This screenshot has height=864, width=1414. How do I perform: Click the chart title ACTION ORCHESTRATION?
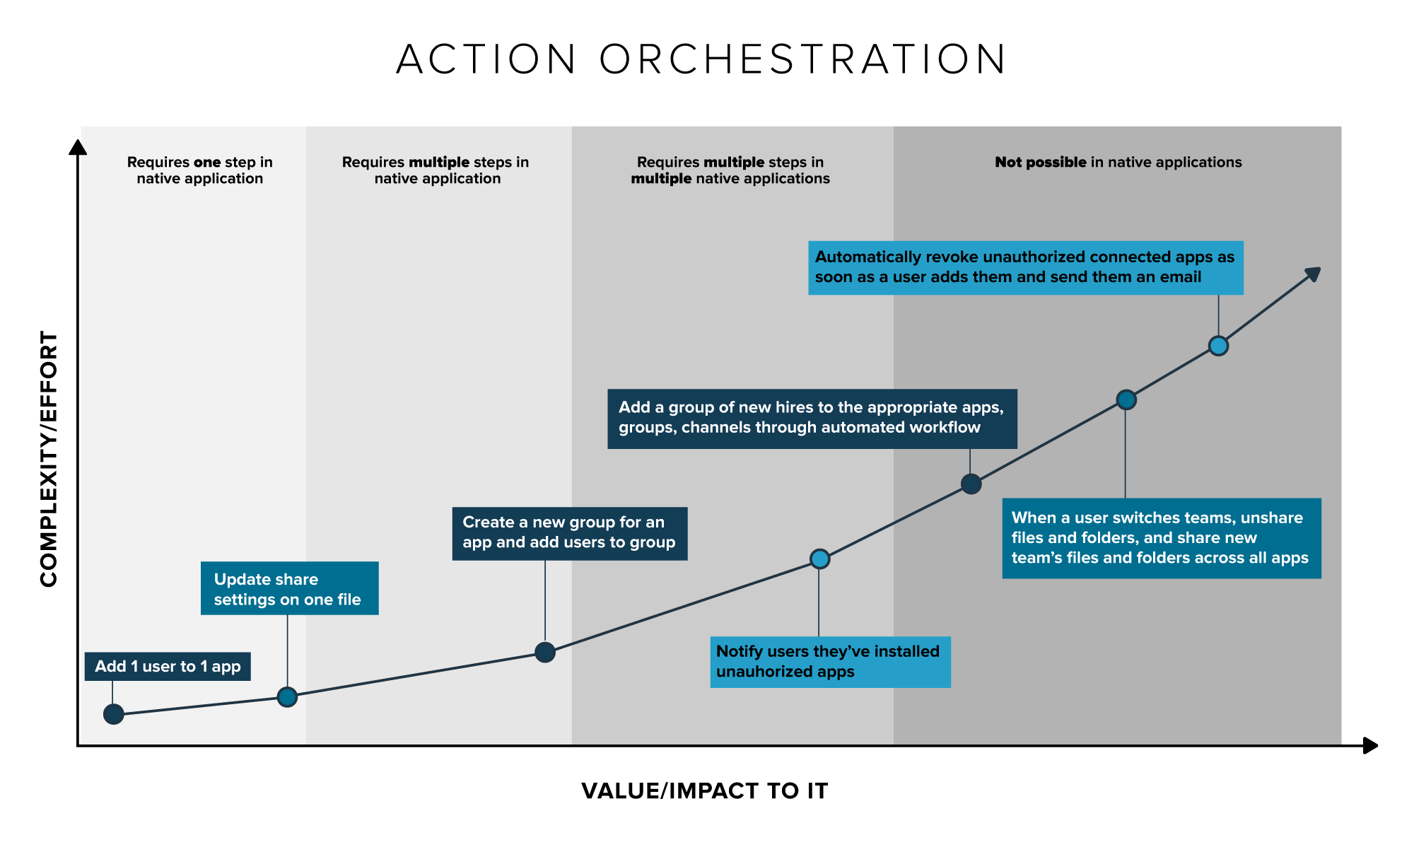pos(701,59)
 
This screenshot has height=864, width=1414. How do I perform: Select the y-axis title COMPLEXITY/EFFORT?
pos(49,459)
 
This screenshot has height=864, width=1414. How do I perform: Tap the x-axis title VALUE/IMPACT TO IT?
pos(705,790)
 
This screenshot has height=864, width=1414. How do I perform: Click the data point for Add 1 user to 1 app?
pos(113,714)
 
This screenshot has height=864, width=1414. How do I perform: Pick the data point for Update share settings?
pos(287,697)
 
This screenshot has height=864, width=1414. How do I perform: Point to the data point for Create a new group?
pos(545,652)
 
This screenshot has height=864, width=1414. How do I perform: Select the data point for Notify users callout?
pos(819,559)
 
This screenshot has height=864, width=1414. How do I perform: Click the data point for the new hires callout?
pos(971,484)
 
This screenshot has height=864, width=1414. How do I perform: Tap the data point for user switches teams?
pos(1126,400)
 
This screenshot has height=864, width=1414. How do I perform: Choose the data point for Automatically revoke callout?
pos(1218,346)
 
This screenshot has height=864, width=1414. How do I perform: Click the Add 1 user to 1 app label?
pos(168,667)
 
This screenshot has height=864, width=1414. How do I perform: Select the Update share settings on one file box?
pos(290,588)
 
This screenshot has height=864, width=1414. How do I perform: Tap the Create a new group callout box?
pos(570,534)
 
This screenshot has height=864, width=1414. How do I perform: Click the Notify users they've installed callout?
pos(831,662)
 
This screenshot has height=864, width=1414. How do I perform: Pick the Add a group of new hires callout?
pos(812,419)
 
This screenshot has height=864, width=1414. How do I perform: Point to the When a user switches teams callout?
pos(1162,538)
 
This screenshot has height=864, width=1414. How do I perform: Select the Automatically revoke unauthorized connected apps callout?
pos(1026,268)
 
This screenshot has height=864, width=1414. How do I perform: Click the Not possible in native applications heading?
pos(1118,163)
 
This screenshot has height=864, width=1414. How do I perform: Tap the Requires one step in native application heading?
pos(200,170)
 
